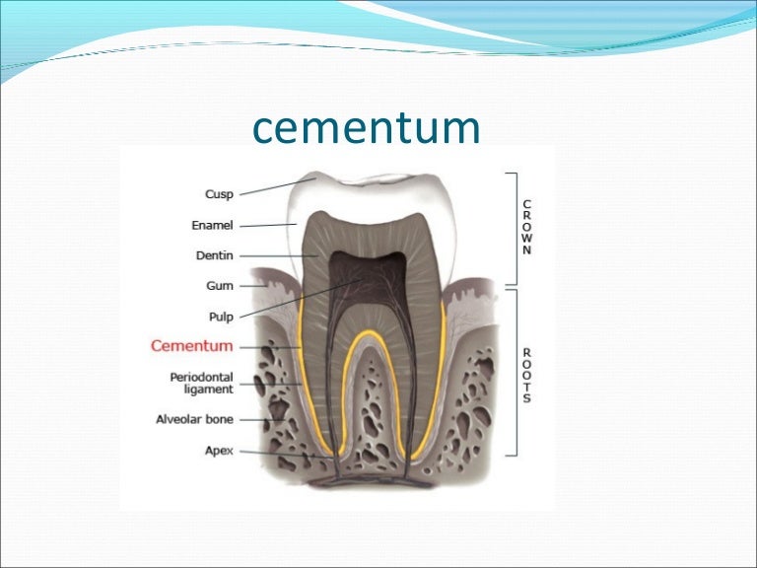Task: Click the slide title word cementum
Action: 366,129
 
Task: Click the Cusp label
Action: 218,194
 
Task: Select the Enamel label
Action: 212,226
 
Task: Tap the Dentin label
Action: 214,255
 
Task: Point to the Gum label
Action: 220,286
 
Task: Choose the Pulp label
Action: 220,318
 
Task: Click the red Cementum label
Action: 191,346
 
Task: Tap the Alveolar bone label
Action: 194,419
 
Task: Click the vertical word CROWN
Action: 527,227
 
